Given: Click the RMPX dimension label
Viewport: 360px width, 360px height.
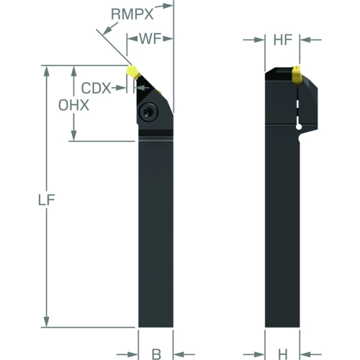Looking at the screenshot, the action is (132, 14).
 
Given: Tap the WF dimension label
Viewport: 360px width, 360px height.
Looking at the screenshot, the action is (150, 38).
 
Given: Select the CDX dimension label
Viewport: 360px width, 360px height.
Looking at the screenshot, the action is (96, 88).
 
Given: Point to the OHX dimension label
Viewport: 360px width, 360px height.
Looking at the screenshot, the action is (73, 105).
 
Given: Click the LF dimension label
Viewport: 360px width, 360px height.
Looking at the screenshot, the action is (47, 200).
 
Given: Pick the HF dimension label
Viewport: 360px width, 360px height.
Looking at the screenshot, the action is (283, 40).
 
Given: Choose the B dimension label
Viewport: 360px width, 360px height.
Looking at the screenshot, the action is (156, 354).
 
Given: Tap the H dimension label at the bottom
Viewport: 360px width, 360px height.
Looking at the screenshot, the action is (283, 354).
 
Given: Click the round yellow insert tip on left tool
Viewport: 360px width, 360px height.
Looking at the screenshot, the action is (132, 71).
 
